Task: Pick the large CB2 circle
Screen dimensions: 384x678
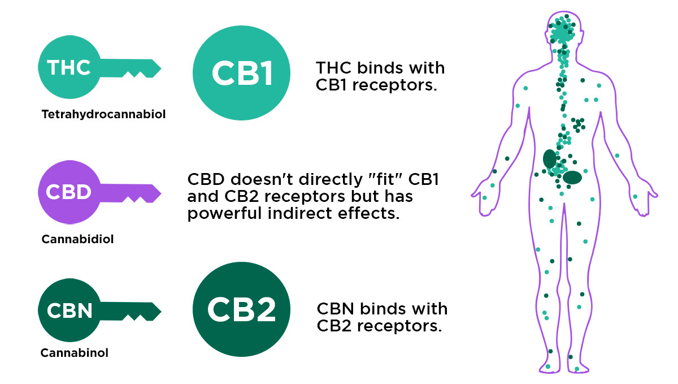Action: [x=242, y=309]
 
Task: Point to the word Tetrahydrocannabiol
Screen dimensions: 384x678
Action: [x=103, y=115]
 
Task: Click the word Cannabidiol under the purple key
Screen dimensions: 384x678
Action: [x=78, y=239]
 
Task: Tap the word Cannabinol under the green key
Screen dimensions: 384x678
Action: [x=75, y=353]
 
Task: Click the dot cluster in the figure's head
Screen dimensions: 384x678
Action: [x=562, y=31]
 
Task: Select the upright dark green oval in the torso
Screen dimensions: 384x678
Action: [x=549, y=159]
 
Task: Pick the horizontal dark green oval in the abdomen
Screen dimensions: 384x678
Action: [x=572, y=177]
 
